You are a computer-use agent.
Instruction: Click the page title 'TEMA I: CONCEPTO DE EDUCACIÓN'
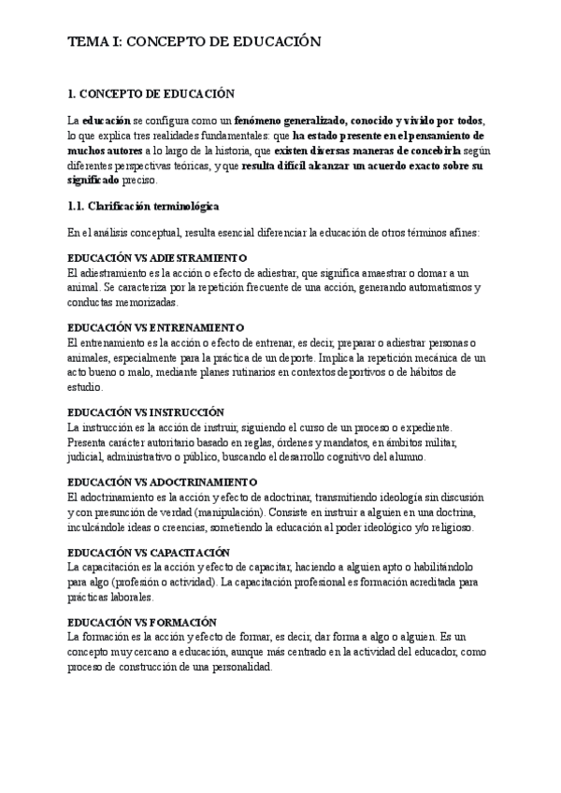tap(194, 42)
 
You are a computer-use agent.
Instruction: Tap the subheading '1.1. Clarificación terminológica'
tap(144, 206)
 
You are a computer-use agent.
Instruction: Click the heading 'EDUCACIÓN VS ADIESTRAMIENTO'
tap(157, 257)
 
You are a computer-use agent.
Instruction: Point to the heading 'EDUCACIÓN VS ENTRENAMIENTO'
tap(156, 328)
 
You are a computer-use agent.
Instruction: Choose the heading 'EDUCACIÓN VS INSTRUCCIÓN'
tap(147, 411)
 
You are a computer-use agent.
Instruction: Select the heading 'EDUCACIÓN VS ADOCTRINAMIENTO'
tap(164, 482)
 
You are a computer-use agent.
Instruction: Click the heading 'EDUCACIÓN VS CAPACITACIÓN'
tap(149, 553)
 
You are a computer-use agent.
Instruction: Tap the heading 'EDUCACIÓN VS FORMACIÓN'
tap(142, 622)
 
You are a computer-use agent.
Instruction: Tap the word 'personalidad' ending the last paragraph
tap(238, 668)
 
